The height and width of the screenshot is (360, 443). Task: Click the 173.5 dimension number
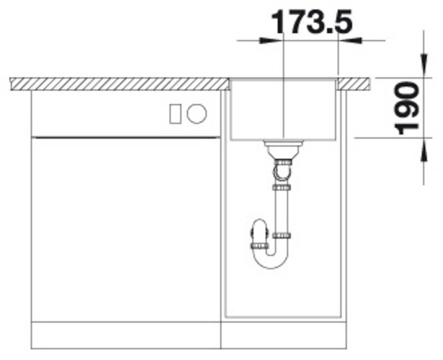click(x=312, y=22)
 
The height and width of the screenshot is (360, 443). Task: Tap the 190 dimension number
click(x=407, y=108)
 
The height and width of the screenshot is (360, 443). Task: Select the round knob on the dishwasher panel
click(x=196, y=114)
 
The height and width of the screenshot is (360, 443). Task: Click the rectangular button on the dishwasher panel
click(x=175, y=114)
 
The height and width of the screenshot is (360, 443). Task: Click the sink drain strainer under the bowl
click(x=283, y=148)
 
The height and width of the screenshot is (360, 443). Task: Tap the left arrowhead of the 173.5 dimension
click(x=270, y=41)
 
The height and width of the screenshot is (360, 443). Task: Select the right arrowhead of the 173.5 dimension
click(x=350, y=41)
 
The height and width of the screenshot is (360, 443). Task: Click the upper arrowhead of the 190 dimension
click(x=424, y=65)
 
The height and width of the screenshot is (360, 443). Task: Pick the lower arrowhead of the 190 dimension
click(x=424, y=150)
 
